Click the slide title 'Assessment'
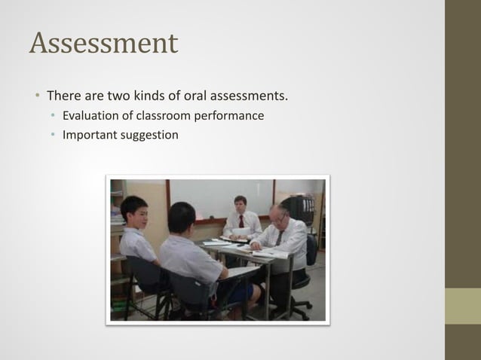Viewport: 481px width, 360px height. (103, 43)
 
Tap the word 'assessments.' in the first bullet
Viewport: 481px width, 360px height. (252, 96)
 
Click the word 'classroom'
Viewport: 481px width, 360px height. (162, 116)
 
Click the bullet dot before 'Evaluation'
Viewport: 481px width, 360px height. (53, 117)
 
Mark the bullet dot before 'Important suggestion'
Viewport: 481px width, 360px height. (53, 136)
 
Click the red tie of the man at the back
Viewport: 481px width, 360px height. (241, 221)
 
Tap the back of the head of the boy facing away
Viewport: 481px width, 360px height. (181, 217)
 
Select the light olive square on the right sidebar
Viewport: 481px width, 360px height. (462, 306)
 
